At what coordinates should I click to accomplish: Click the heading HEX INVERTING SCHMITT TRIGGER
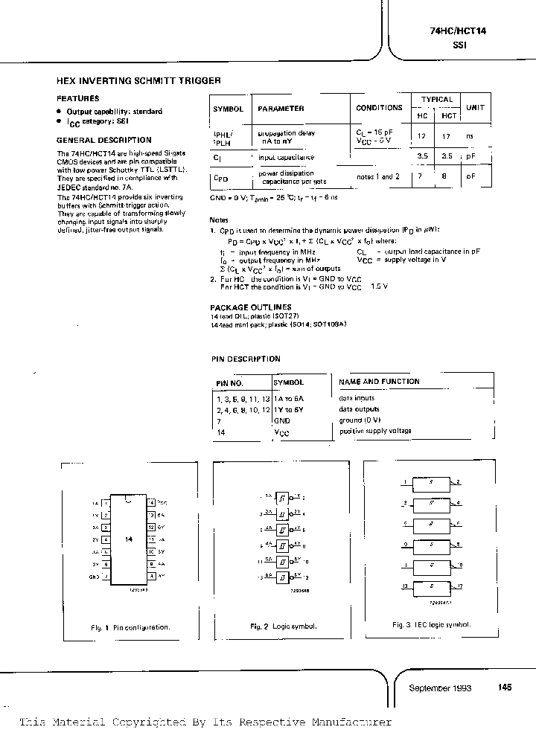point(138,80)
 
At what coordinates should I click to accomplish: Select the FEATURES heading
point(77,98)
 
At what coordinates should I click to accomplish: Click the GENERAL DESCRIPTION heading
point(103,140)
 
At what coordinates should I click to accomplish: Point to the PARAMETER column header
point(281,108)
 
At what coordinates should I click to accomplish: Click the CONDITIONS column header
point(379,108)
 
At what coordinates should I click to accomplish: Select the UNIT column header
point(474,108)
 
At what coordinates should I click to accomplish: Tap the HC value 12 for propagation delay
point(421,136)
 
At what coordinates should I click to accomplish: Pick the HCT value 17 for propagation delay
point(447,136)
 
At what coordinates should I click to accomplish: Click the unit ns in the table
point(470,136)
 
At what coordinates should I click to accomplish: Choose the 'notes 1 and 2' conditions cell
point(377,176)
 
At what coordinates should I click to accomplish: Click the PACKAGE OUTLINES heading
point(250,307)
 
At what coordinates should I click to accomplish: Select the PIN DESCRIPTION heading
point(245,359)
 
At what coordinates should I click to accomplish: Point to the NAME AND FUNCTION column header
point(379,382)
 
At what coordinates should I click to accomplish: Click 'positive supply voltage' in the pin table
point(375,431)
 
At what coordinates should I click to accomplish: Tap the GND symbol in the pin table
point(281,420)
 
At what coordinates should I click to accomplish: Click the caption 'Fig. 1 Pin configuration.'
point(130,627)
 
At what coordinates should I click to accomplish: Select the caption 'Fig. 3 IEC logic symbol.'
point(431,625)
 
